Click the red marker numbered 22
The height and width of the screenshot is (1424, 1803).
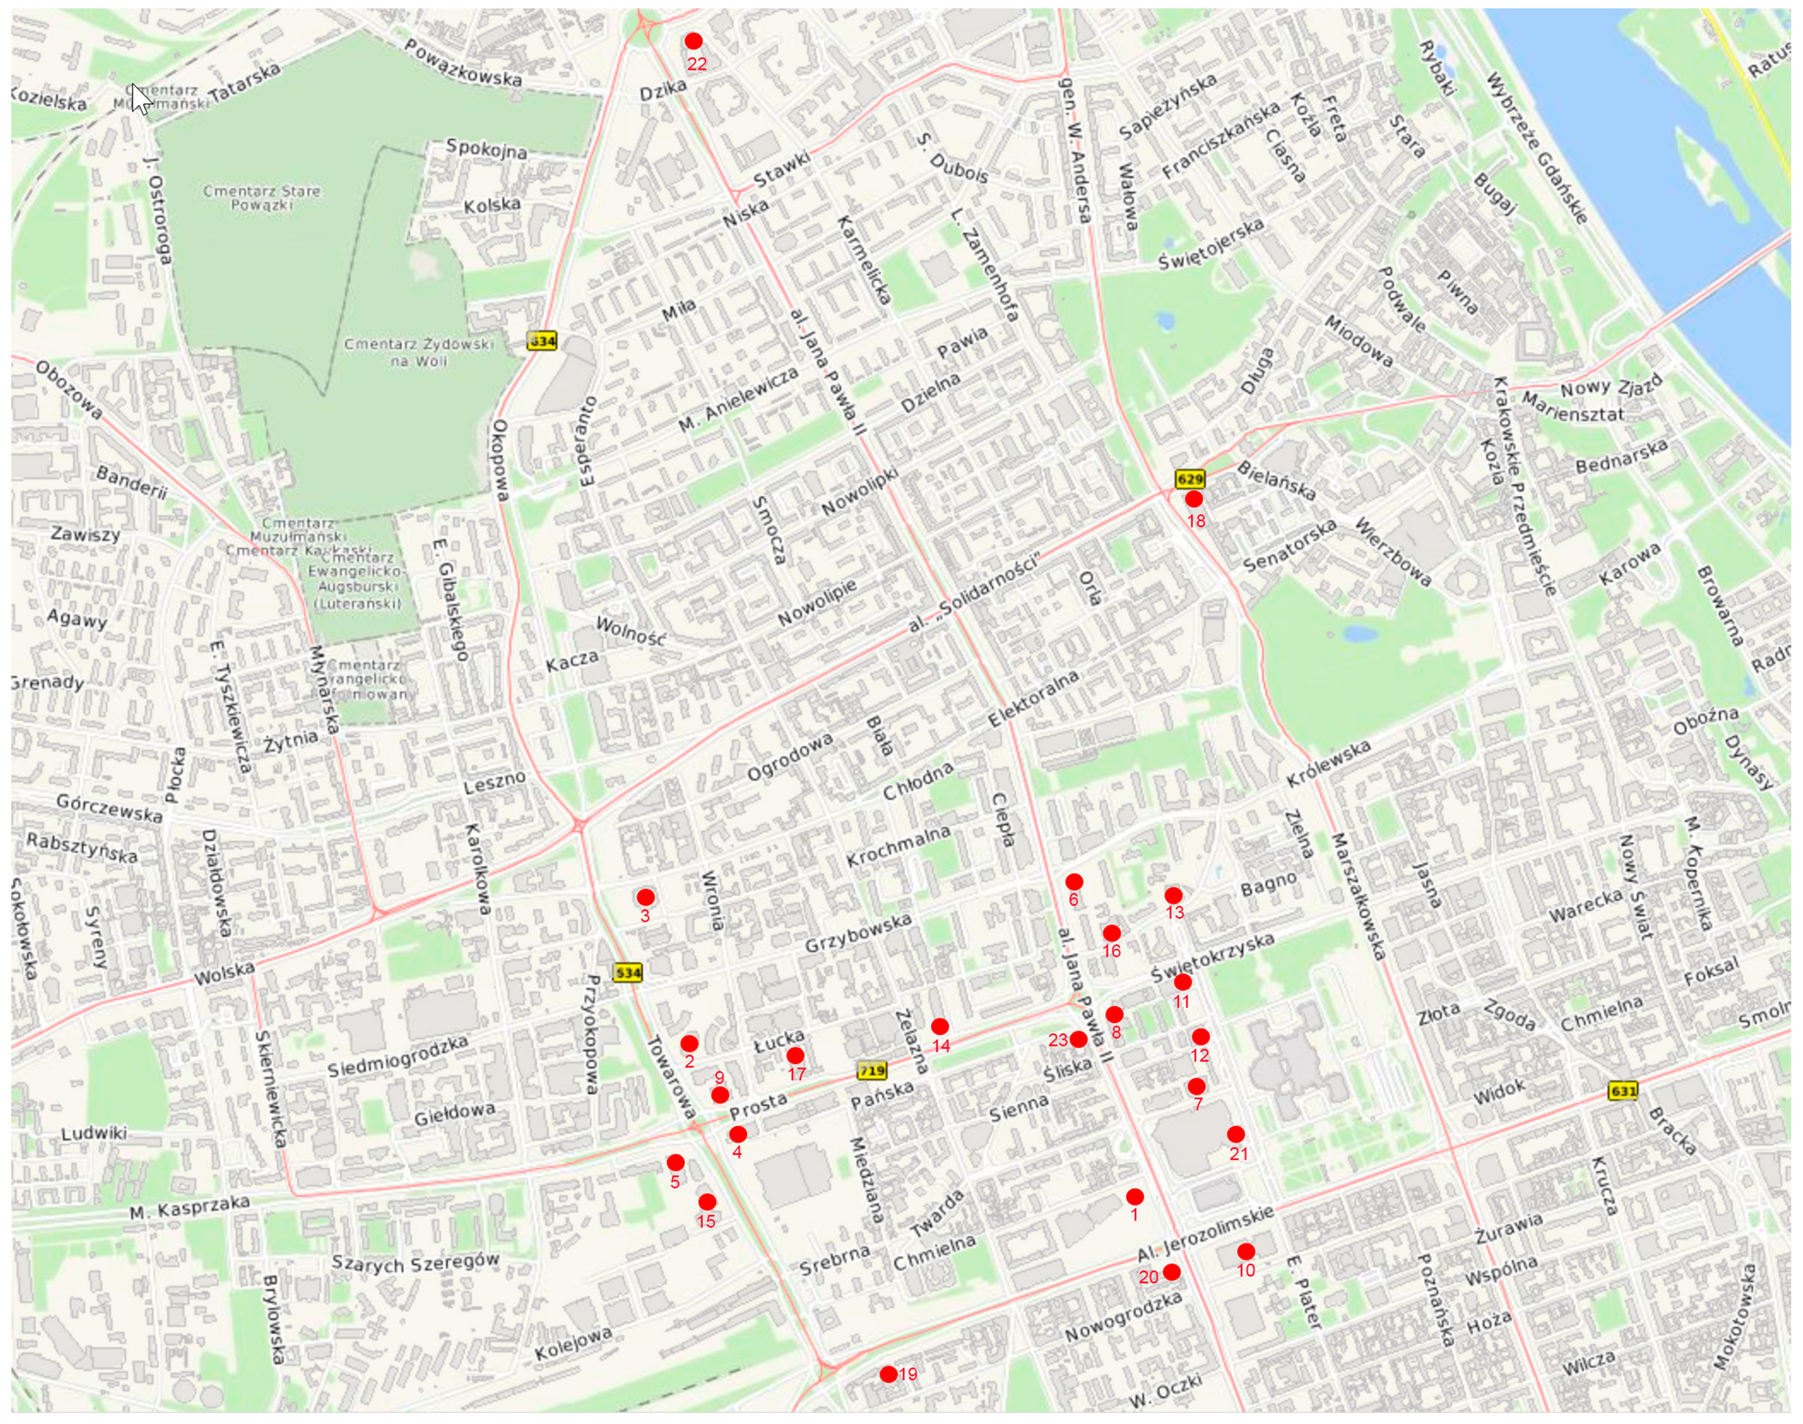coord(693,41)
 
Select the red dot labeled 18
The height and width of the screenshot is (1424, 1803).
coord(1194,499)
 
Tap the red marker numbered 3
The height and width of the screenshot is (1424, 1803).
coord(646,897)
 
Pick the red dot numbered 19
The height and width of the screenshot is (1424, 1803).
coord(888,1374)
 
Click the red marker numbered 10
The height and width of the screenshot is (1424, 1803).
coord(1246,1251)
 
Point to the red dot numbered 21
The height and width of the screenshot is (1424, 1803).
coord(1236,1134)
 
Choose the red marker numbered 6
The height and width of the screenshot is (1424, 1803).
coord(1074,881)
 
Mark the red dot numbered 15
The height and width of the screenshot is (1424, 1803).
coord(707,1201)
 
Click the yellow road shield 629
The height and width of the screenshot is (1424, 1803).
coord(1189,479)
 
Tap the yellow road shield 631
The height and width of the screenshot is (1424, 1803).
coord(1623,1091)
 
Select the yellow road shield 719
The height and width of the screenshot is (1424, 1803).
coord(872,1071)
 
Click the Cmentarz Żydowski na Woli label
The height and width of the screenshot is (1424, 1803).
coord(419,352)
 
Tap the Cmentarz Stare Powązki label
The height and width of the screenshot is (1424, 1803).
coord(261,197)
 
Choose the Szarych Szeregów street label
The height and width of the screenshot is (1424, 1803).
coord(416,1262)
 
